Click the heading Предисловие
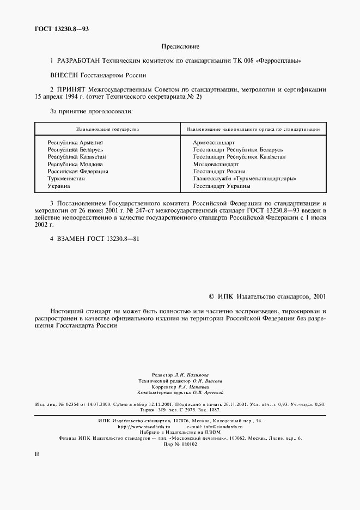click(x=180, y=47)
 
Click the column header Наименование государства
click(x=107, y=129)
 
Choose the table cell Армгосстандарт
click(x=213, y=142)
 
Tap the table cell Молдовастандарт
click(x=216, y=163)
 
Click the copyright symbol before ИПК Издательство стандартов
click(x=212, y=296)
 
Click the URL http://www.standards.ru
click(x=149, y=427)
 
